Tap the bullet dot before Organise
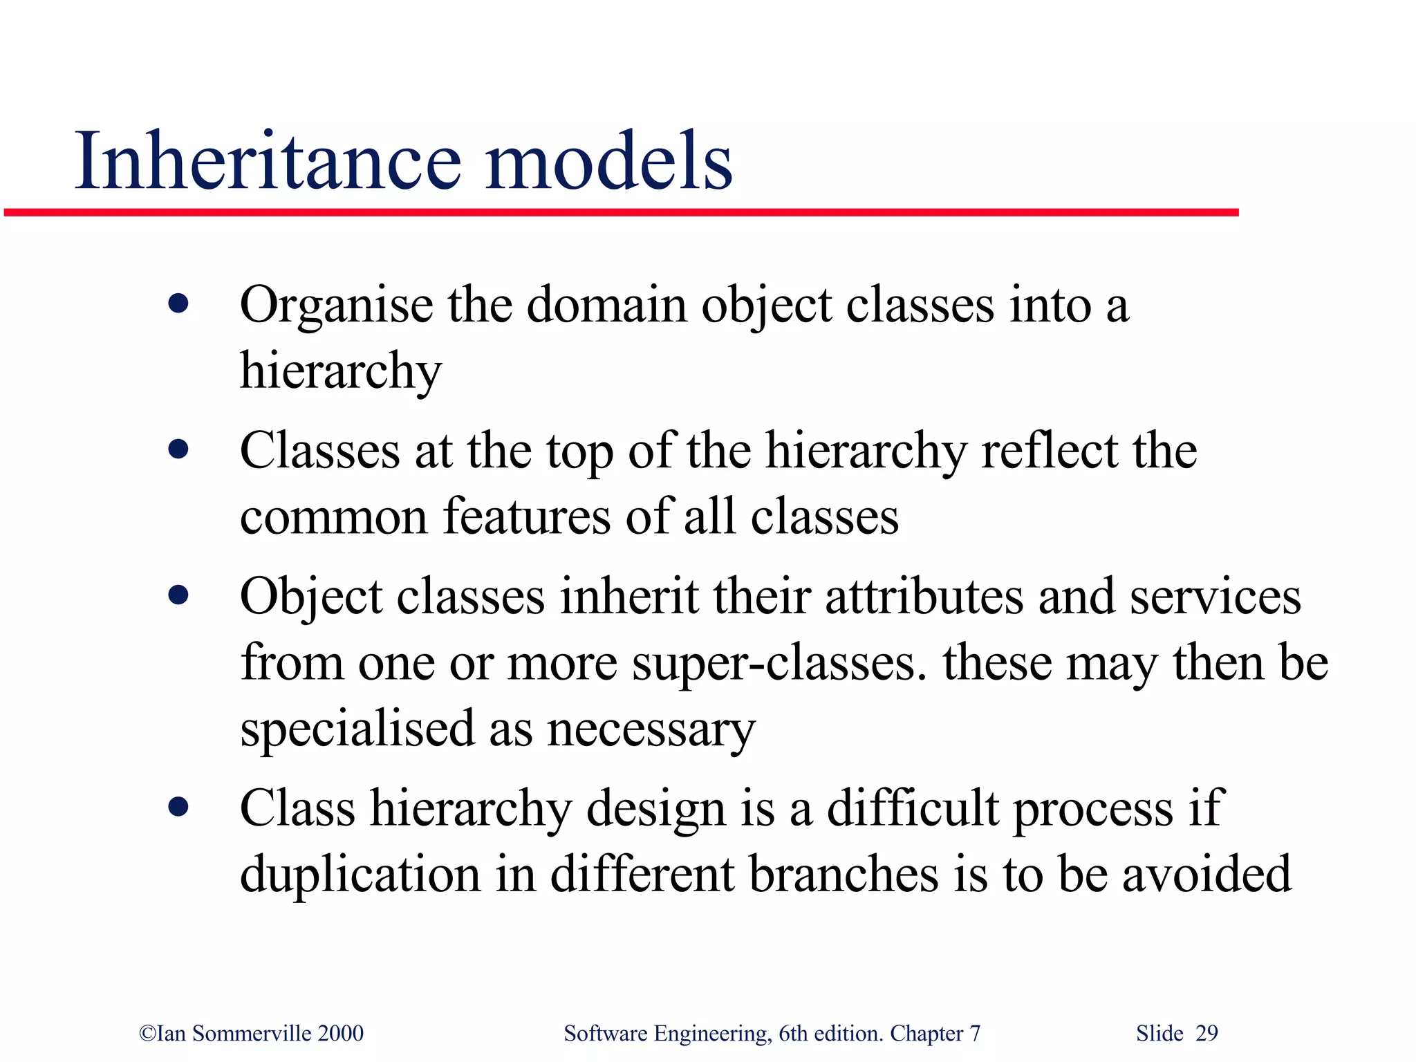(x=178, y=304)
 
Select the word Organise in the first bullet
(x=336, y=306)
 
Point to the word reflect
(x=1050, y=451)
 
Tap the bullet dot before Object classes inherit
(x=178, y=595)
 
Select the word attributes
(x=924, y=596)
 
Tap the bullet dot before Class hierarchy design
(x=178, y=806)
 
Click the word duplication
(x=360, y=875)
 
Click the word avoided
(x=1206, y=873)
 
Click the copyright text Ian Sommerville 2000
(x=252, y=1033)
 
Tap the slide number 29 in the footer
(x=1207, y=1033)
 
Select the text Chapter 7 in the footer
(x=935, y=1033)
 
